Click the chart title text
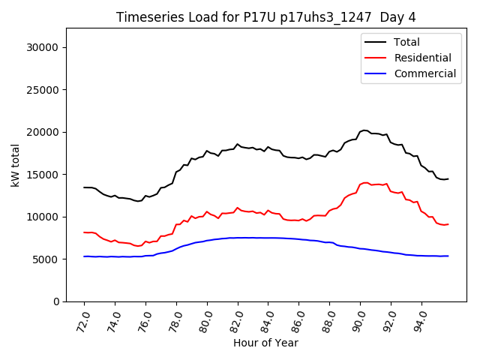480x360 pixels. tap(266, 17)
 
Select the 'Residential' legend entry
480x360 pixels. tap(422, 58)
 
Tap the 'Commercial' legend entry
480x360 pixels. tap(424, 73)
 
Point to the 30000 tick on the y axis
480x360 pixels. tap(43, 47)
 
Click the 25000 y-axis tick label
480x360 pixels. tap(43, 90)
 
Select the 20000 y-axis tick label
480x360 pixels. tap(43, 132)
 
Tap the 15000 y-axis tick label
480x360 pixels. tap(43, 175)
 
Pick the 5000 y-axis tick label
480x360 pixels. tap(46, 259)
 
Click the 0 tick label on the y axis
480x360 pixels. tap(56, 301)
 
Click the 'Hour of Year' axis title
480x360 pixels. tap(265, 343)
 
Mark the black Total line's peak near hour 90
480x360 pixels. tap(364, 130)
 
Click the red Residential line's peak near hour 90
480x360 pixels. tap(365, 182)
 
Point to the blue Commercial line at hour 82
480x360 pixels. tap(238, 238)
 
